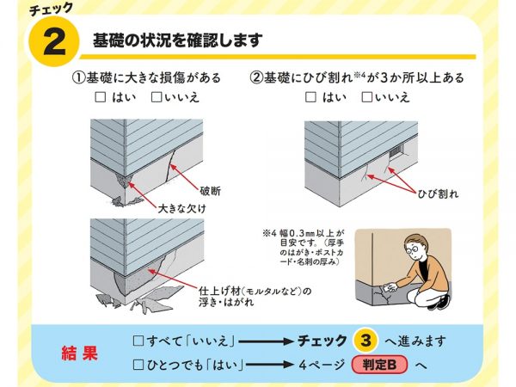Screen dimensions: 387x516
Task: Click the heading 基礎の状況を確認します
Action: (x=177, y=40)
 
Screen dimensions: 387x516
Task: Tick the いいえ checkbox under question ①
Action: (x=156, y=98)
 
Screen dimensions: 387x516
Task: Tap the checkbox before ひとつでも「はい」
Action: (x=138, y=365)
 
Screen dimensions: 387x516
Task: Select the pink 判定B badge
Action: (x=380, y=365)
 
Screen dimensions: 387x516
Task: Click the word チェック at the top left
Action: (x=51, y=8)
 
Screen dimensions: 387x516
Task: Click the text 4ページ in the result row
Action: (x=323, y=365)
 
